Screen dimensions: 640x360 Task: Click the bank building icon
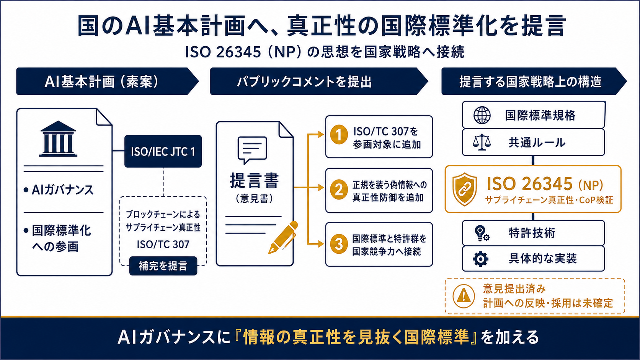click(58, 139)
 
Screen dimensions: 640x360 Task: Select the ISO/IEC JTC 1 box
click(163, 151)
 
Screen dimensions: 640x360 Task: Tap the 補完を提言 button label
click(163, 266)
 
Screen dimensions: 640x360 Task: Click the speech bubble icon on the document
click(252, 150)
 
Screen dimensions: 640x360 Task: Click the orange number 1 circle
click(339, 135)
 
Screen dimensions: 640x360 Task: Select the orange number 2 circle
click(339, 189)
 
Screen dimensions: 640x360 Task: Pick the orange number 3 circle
click(339, 244)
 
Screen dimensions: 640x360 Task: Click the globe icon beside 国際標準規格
click(482, 115)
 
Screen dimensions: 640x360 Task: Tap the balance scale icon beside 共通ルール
click(482, 142)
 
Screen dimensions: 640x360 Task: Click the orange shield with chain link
click(465, 189)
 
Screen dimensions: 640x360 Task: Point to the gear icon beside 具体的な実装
click(480, 259)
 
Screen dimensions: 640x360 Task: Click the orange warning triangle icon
click(464, 296)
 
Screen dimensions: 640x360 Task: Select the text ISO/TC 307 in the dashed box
click(163, 244)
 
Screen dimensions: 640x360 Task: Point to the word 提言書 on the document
click(254, 181)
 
